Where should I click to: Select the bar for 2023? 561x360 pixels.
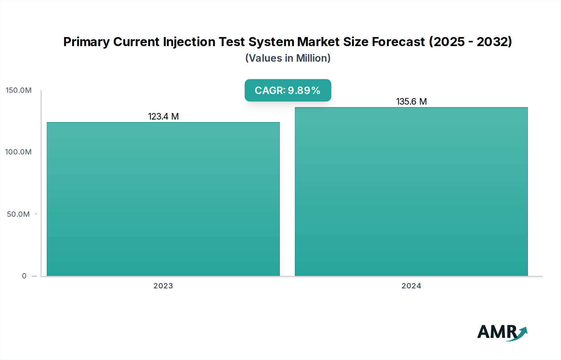coord(163,199)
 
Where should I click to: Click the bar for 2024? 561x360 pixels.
coord(411,192)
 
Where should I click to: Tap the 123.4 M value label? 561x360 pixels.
coord(163,116)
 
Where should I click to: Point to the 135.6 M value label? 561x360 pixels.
coord(411,102)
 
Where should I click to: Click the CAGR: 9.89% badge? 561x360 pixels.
coord(288,90)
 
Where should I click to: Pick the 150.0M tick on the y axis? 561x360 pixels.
coord(19,90)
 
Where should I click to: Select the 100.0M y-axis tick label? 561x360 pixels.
coord(18,152)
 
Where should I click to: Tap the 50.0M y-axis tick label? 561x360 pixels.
coord(18,214)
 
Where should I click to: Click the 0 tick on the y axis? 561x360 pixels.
coord(24,276)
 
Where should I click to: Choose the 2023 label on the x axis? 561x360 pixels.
coord(163,286)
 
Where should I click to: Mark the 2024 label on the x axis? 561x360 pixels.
coord(411,286)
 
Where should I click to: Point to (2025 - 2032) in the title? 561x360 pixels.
coord(470,42)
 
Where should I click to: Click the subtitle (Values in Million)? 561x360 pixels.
coord(288,58)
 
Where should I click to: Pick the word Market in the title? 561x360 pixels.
coord(318,42)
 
